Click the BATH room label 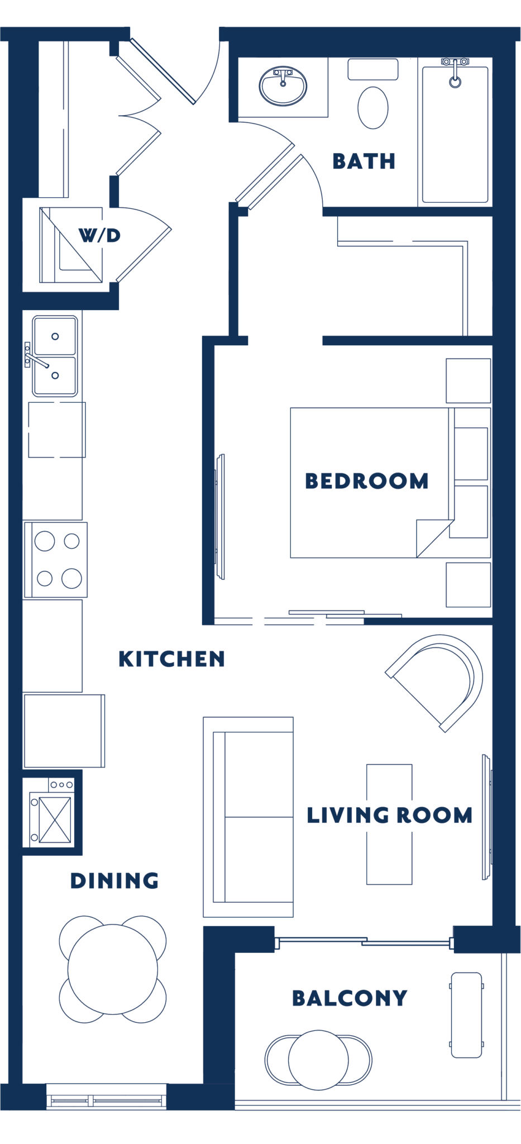[x=364, y=161]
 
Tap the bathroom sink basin [x=283, y=87]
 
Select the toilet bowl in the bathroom [x=372, y=108]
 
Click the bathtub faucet [x=455, y=73]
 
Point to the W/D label [x=99, y=235]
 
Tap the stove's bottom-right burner [x=71, y=578]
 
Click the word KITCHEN [x=171, y=659]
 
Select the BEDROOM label [x=366, y=481]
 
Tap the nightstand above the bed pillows [x=468, y=380]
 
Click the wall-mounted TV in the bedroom [x=220, y=517]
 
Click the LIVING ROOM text [x=389, y=815]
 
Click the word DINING [x=114, y=881]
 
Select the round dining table [x=112, y=969]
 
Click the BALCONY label [x=350, y=998]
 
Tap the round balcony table [x=318, y=1060]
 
